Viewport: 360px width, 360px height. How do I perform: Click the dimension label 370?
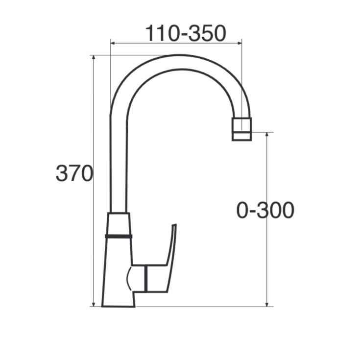[x=74, y=173]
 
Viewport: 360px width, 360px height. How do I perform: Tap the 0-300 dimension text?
[x=265, y=211]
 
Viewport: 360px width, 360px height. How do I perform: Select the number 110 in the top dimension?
[x=161, y=33]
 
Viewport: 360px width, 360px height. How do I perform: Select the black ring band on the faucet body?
[x=119, y=236]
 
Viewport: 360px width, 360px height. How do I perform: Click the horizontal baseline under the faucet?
[x=196, y=307]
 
